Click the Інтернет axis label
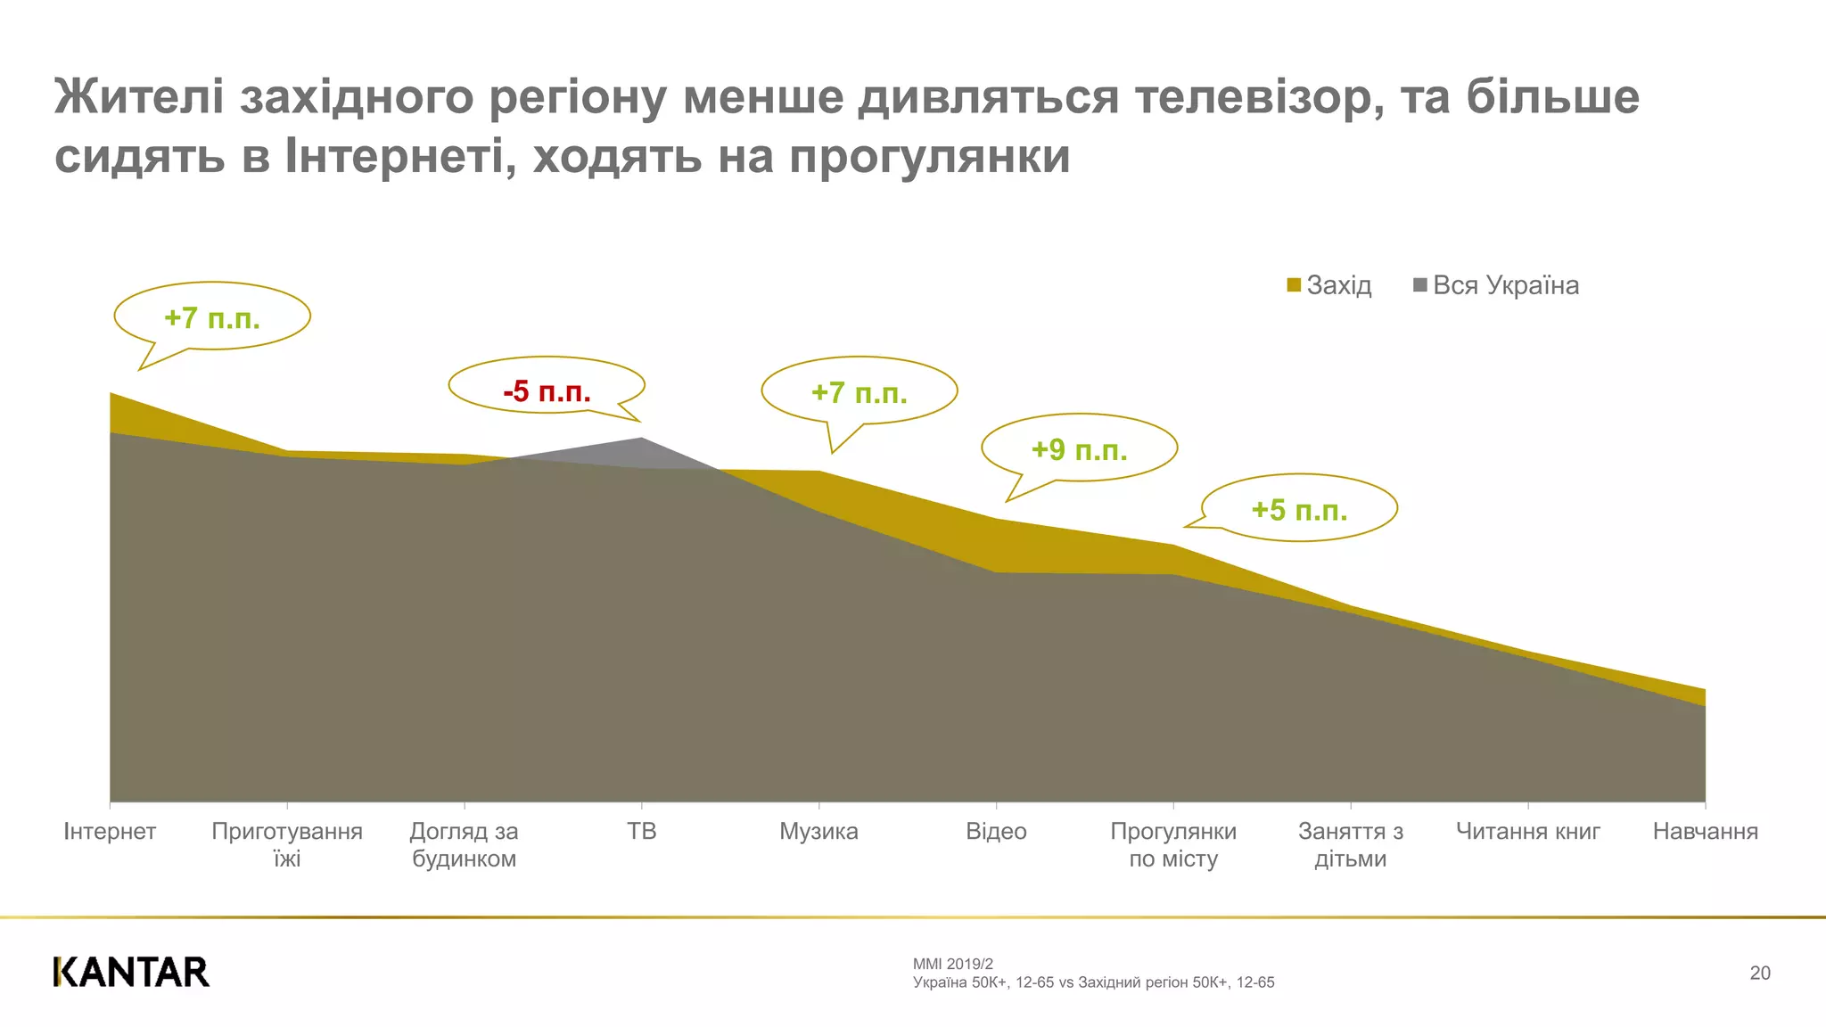click(110, 831)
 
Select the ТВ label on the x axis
click(641, 831)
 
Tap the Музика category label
click(818, 831)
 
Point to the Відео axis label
click(996, 831)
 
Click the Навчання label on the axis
click(1705, 831)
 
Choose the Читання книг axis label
click(1527, 831)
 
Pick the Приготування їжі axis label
click(287, 844)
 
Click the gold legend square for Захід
click(1294, 285)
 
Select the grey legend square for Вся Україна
click(1420, 285)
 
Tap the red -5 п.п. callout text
click(547, 390)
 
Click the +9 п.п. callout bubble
click(1079, 449)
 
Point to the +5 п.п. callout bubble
click(1299, 509)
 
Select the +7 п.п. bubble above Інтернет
click(212, 317)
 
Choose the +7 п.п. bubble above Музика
click(859, 392)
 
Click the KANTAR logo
click(131, 972)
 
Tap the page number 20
click(1759, 973)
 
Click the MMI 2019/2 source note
click(952, 964)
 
